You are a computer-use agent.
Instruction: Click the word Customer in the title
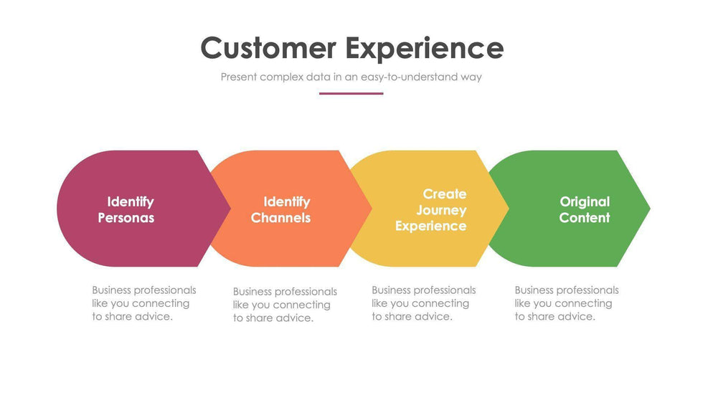click(x=268, y=48)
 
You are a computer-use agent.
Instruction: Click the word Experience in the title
click(x=424, y=48)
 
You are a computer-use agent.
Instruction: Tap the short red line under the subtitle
click(x=351, y=93)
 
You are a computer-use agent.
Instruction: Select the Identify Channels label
click(x=281, y=209)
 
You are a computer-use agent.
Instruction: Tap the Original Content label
click(x=585, y=209)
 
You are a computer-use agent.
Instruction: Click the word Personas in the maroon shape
click(x=126, y=218)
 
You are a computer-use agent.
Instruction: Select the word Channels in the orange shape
click(x=281, y=218)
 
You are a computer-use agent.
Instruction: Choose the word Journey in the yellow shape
click(x=441, y=210)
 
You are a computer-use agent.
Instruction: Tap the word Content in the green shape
click(x=585, y=218)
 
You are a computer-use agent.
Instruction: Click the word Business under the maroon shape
click(x=111, y=290)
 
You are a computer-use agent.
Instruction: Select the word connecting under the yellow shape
click(x=440, y=303)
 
